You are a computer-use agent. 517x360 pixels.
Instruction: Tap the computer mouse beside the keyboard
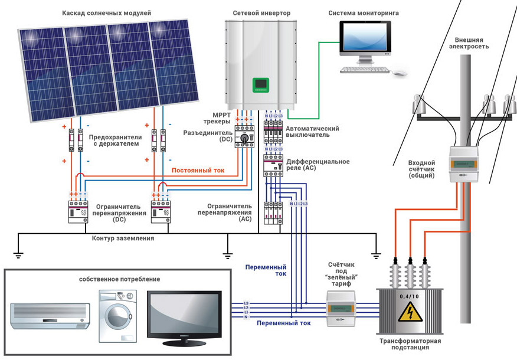(401, 73)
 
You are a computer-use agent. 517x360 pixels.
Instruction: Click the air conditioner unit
(50, 316)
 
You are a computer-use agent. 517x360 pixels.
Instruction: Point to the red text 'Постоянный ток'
(198, 171)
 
